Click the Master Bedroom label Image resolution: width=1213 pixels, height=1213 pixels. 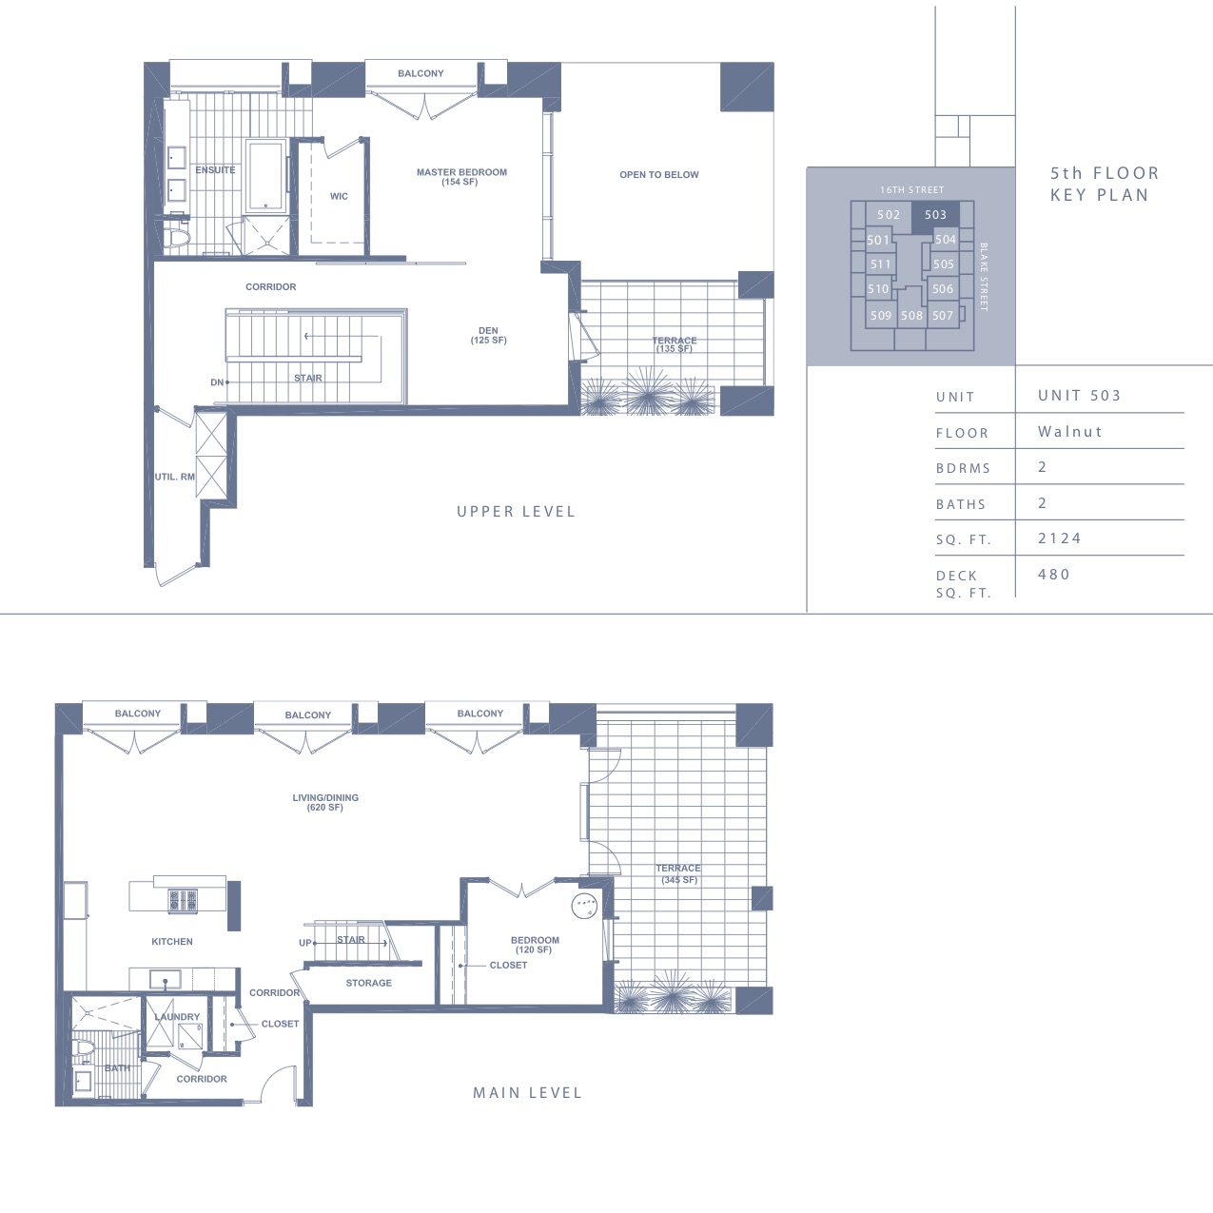click(461, 177)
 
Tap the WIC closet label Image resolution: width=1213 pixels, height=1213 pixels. click(339, 196)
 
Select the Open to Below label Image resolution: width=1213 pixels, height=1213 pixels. click(659, 175)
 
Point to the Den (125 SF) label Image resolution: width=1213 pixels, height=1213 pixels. click(488, 336)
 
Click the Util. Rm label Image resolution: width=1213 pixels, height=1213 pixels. click(175, 478)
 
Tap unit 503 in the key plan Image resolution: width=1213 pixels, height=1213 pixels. click(935, 215)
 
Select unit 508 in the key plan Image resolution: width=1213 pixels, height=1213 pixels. click(911, 315)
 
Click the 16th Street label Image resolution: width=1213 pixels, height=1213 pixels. click(912, 189)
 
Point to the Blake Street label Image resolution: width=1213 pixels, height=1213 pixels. click(984, 277)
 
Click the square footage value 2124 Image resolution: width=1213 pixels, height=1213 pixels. click(1060, 538)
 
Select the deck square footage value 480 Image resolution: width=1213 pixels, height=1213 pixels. click(1054, 574)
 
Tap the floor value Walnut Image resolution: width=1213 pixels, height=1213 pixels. click(1069, 432)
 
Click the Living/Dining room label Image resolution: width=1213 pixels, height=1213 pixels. click(325, 803)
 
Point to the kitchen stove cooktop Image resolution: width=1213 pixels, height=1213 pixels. click(183, 901)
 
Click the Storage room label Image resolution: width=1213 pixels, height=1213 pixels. click(369, 983)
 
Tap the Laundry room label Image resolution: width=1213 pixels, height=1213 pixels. click(177, 1017)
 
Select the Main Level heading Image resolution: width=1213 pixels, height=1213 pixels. click(527, 1093)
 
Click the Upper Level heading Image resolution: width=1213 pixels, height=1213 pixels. click(517, 512)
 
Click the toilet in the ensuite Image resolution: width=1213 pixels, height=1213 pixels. click(176, 238)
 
